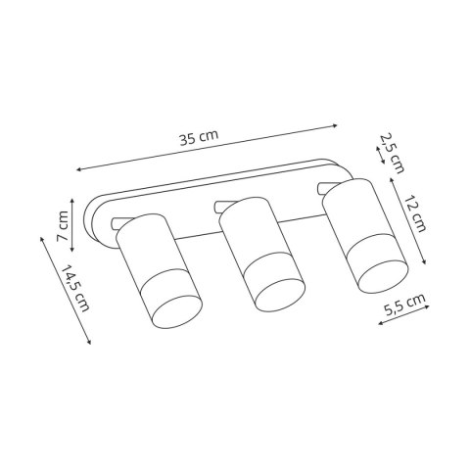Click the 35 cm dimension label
(x=199, y=137)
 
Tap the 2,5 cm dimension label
(x=392, y=153)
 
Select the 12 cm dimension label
(x=414, y=213)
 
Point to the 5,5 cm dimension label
(x=404, y=305)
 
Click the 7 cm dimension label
(x=63, y=226)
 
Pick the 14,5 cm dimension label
(x=75, y=288)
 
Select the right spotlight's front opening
(x=383, y=276)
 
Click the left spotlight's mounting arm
(x=118, y=223)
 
